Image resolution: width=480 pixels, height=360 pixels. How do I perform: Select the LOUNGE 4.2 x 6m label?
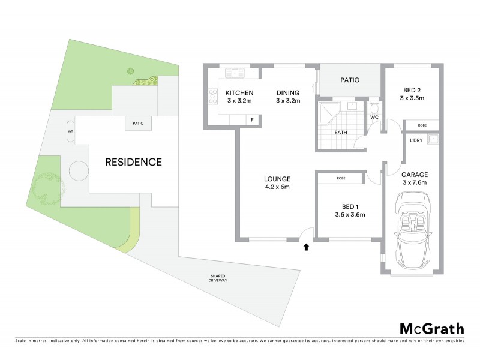[277, 183]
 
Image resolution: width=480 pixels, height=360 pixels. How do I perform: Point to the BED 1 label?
[349, 210]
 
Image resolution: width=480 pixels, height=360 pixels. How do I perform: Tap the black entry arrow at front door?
[307, 246]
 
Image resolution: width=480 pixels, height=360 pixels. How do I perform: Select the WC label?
[374, 118]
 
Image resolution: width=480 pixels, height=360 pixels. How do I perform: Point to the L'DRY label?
[416, 140]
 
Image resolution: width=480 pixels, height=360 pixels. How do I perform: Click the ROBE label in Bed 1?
[341, 178]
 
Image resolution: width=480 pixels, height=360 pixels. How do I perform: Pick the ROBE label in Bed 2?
[422, 125]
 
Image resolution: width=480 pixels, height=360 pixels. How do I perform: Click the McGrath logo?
[431, 328]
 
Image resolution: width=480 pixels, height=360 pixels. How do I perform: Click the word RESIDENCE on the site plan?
[134, 162]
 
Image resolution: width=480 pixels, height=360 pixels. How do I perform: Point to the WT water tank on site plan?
[71, 131]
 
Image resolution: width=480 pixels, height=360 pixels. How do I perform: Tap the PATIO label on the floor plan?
[350, 79]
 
